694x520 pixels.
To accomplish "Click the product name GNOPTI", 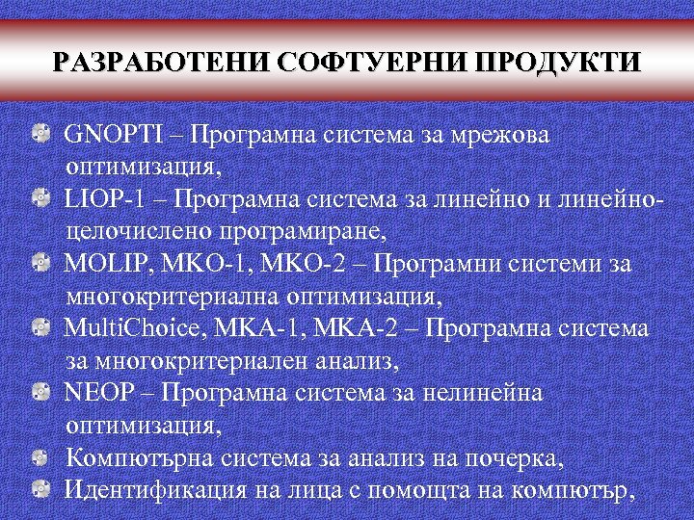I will [103, 135].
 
